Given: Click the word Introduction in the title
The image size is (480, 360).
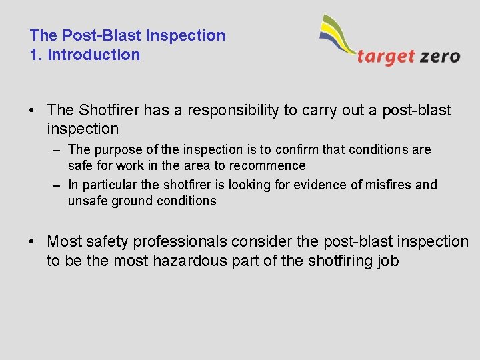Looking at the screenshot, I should pos(94,55).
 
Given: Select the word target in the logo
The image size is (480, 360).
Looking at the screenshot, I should pos(386,56).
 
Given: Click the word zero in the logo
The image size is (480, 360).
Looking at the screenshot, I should pos(440,56).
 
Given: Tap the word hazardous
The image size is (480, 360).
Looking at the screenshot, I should pos(190,261).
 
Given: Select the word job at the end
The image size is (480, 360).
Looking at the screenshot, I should pos(387,261).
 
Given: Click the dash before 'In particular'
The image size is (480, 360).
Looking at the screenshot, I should pos(58,185).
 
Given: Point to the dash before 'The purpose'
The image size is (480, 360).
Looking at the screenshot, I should pos(58,149).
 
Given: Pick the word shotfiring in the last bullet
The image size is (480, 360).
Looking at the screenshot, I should pos(339,261).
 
